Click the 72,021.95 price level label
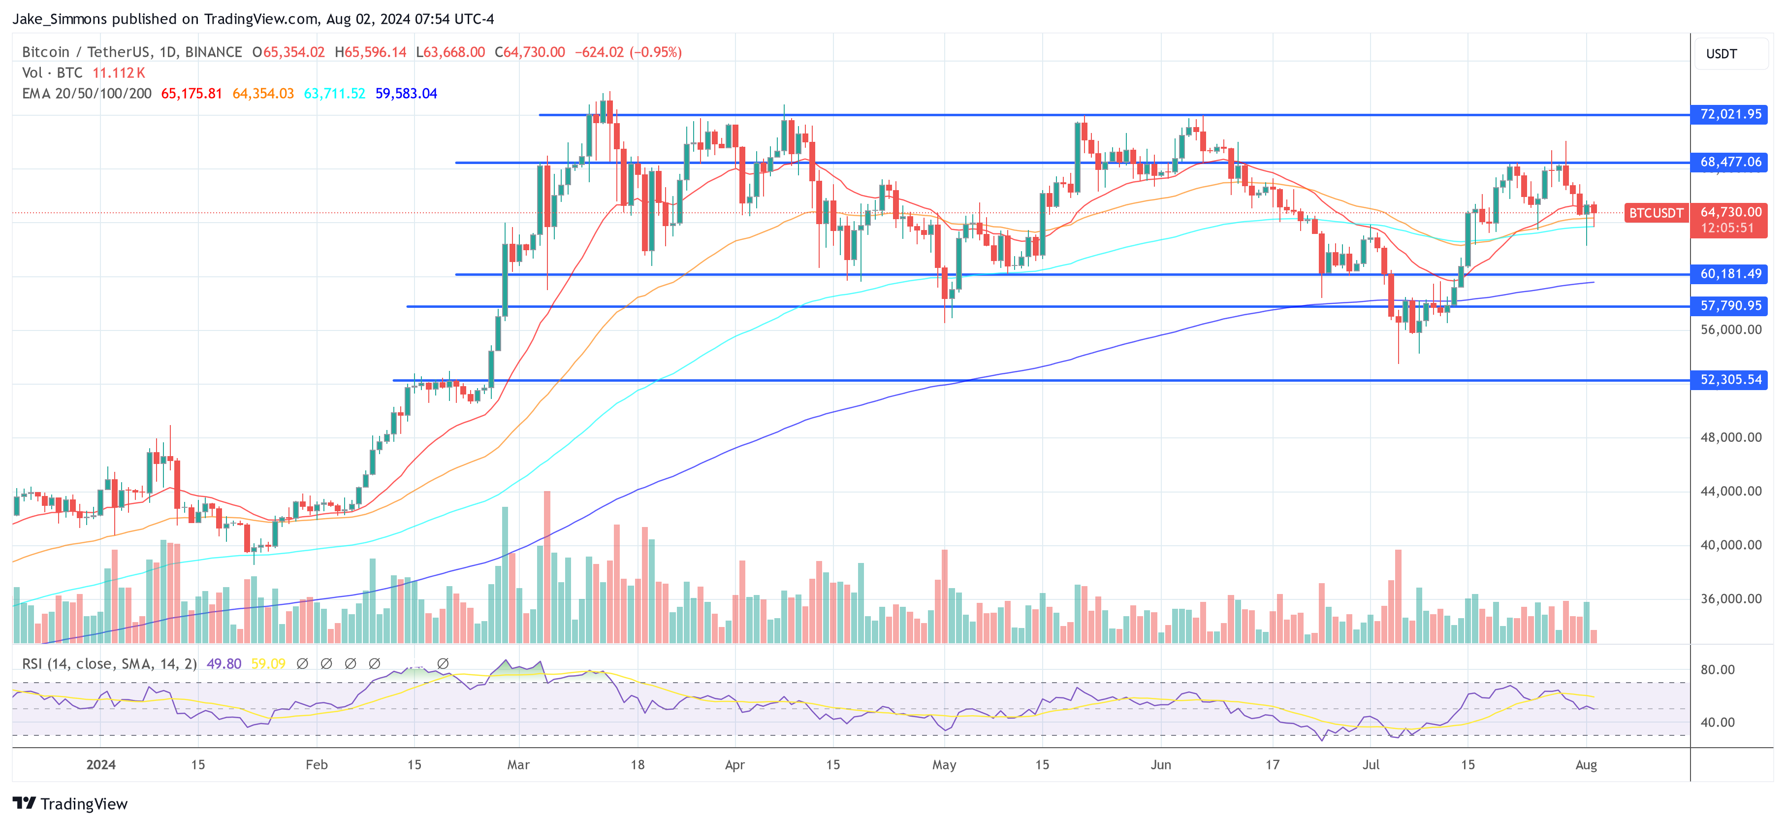tap(1730, 114)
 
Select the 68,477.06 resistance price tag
tap(1730, 163)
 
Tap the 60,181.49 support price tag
tap(1730, 274)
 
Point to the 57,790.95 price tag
tap(1730, 306)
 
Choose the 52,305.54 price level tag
tap(1730, 380)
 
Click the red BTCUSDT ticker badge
tap(1656, 213)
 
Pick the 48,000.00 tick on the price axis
tap(1730, 438)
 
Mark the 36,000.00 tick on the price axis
tap(1730, 599)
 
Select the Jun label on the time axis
tap(1161, 764)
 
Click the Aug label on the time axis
tap(1586, 764)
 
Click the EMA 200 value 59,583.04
tap(406, 94)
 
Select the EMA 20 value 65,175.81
tap(191, 94)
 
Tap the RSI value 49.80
tap(224, 664)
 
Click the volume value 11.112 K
tap(119, 73)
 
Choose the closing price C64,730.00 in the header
tap(530, 52)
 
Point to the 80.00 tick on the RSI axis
tap(1718, 669)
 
